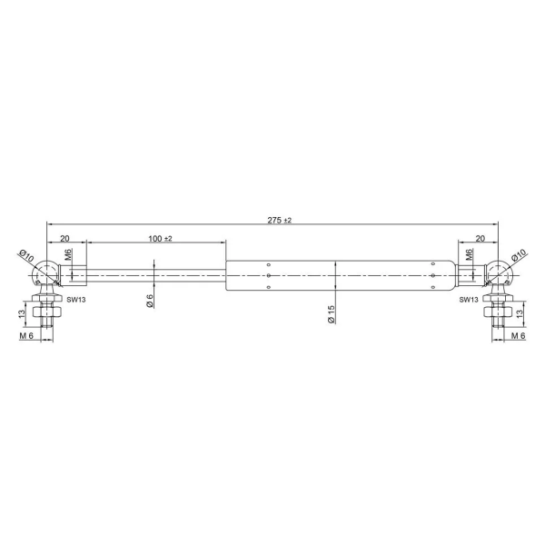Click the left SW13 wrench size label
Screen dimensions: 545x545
pyautogui.click(x=75, y=299)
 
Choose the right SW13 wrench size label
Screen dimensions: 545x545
pyautogui.click(x=469, y=299)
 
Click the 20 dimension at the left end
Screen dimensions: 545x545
pyautogui.click(x=65, y=238)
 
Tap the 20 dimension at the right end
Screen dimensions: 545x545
pyautogui.click(x=480, y=238)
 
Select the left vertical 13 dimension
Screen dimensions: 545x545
pyautogui.click(x=22, y=313)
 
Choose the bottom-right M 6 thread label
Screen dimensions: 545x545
pyautogui.click(x=517, y=337)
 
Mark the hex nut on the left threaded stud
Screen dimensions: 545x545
pyautogui.click(x=46, y=314)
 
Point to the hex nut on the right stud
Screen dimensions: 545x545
pyautogui.click(x=498, y=314)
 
